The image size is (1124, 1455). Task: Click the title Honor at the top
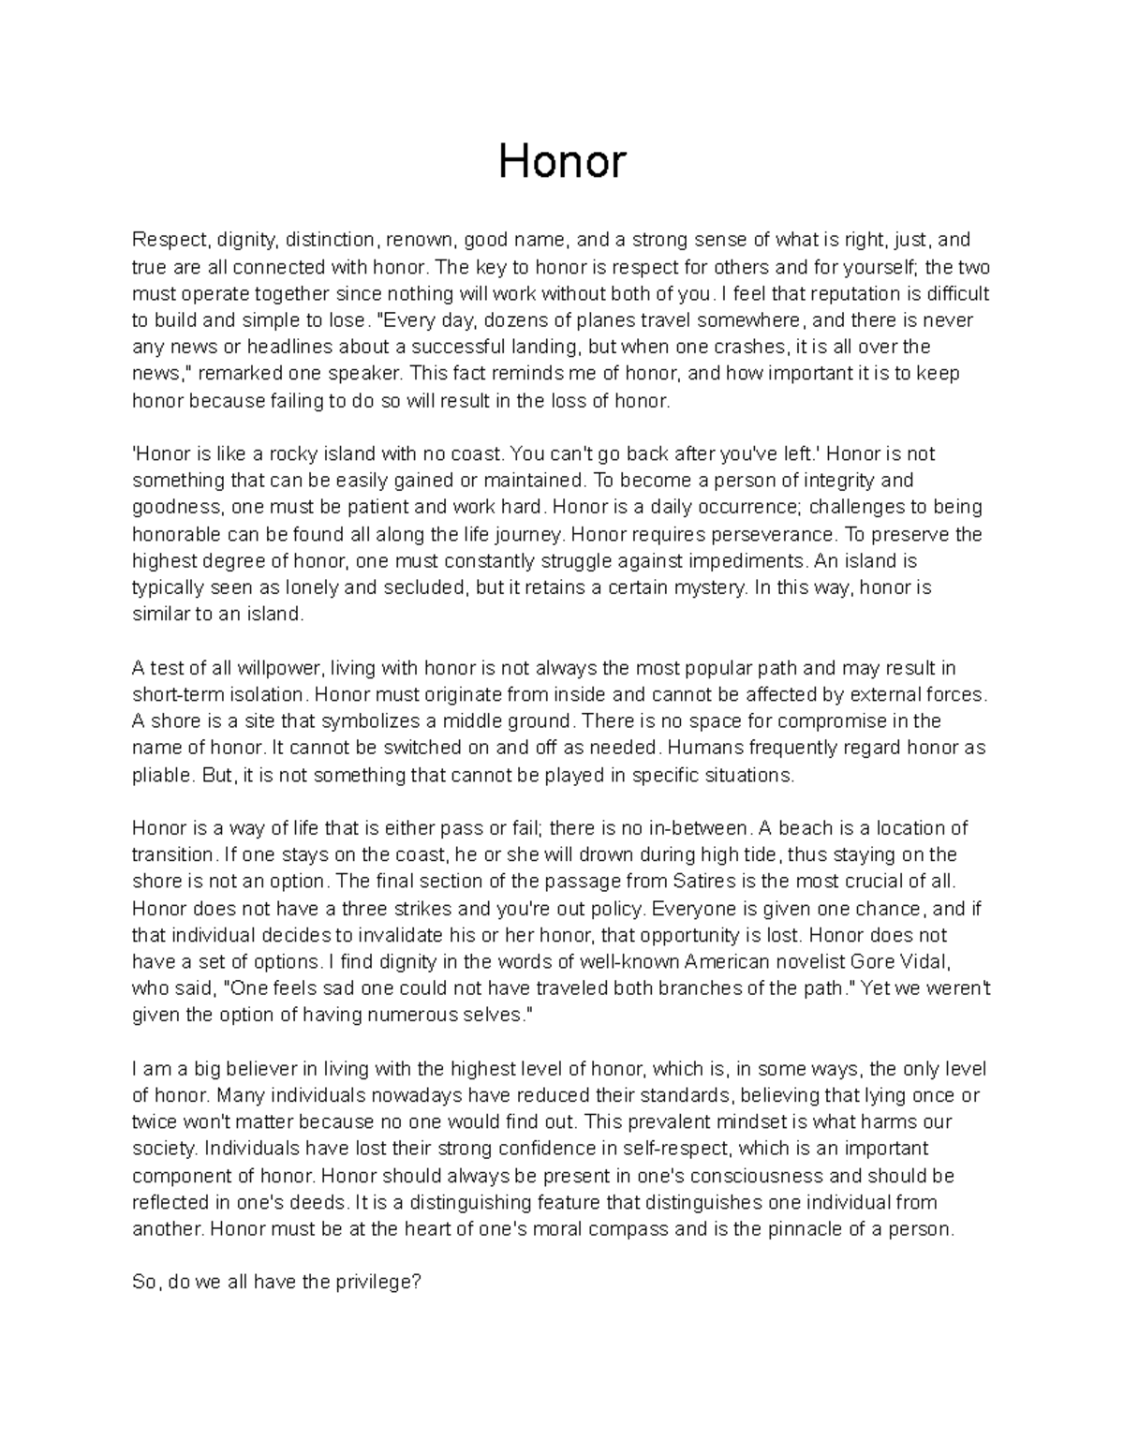click(x=561, y=162)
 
